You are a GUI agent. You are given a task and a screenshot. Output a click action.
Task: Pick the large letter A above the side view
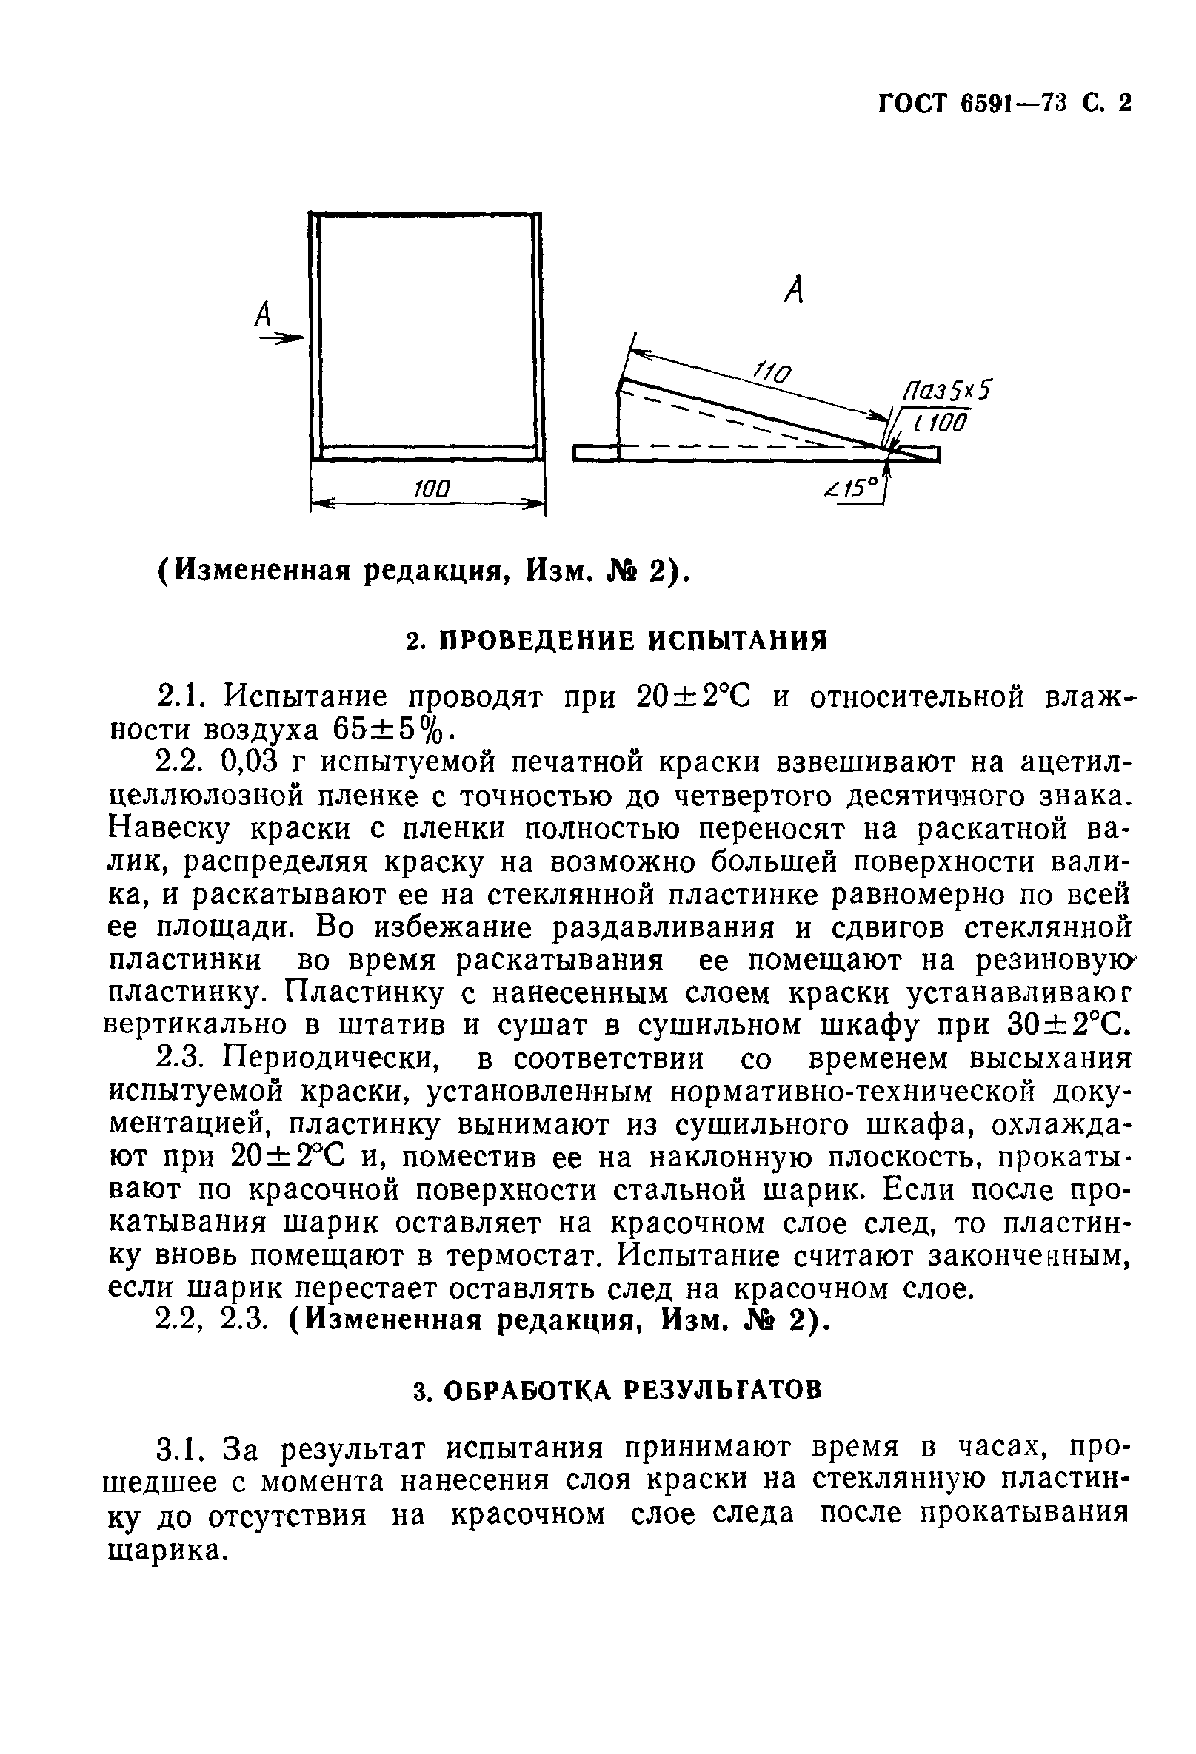point(794,289)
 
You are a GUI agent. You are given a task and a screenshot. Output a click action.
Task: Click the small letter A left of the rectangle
point(264,314)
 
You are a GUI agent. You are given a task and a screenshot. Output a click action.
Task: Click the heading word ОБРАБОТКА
point(526,1389)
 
